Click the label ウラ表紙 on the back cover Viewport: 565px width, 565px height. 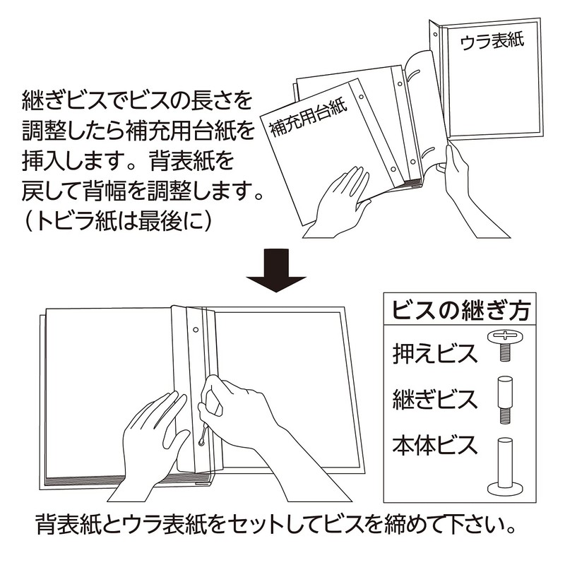click(492, 42)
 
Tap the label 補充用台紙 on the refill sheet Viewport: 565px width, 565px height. click(309, 118)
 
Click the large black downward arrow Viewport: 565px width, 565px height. click(276, 270)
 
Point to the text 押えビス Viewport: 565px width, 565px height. click(435, 354)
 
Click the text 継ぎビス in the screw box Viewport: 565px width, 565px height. click(435, 399)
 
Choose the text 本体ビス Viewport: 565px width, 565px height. click(435, 445)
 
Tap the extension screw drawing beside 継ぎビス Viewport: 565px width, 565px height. click(505, 400)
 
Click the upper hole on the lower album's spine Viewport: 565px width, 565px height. click(196, 330)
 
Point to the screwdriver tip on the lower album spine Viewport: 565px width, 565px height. click(201, 442)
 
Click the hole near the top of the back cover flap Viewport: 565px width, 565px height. click(435, 35)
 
